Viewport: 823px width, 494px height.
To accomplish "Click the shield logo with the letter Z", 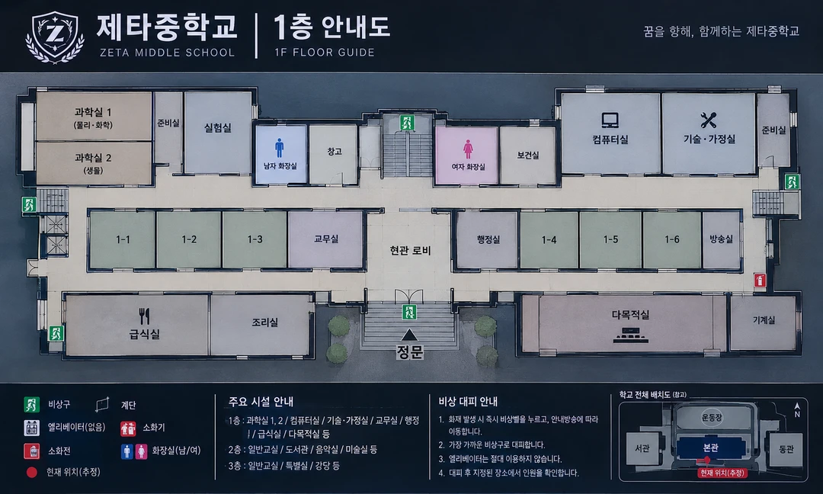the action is point(55,36).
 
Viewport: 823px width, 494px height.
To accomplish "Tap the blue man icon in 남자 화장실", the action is point(279,148).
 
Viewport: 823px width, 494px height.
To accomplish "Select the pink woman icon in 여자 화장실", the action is point(468,149).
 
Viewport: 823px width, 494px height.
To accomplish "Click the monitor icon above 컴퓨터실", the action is point(610,120).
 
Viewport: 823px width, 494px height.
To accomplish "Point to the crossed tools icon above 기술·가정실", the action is point(708,120).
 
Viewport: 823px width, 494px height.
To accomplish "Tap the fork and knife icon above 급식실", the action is point(144,316).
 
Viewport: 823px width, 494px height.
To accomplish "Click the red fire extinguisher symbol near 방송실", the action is point(760,281).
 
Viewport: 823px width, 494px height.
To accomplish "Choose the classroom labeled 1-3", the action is point(255,239).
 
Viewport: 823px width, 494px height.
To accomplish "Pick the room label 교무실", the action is point(326,239).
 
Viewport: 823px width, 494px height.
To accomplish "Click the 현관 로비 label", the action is point(410,250).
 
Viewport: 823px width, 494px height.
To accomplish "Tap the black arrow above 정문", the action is point(409,335).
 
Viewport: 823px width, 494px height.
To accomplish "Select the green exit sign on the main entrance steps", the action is point(409,312).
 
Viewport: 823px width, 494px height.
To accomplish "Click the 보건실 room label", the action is point(527,155).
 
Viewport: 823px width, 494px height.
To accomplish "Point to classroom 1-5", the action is point(610,239).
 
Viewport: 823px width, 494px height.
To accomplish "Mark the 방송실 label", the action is point(721,239).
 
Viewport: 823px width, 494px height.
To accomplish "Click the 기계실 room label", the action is point(764,319).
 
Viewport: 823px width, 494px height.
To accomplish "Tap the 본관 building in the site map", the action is point(710,449).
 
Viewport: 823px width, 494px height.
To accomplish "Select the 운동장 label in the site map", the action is point(712,418).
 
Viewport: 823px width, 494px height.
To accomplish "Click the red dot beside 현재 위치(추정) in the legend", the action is point(31,473).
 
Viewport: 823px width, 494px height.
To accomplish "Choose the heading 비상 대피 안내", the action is point(468,402).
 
